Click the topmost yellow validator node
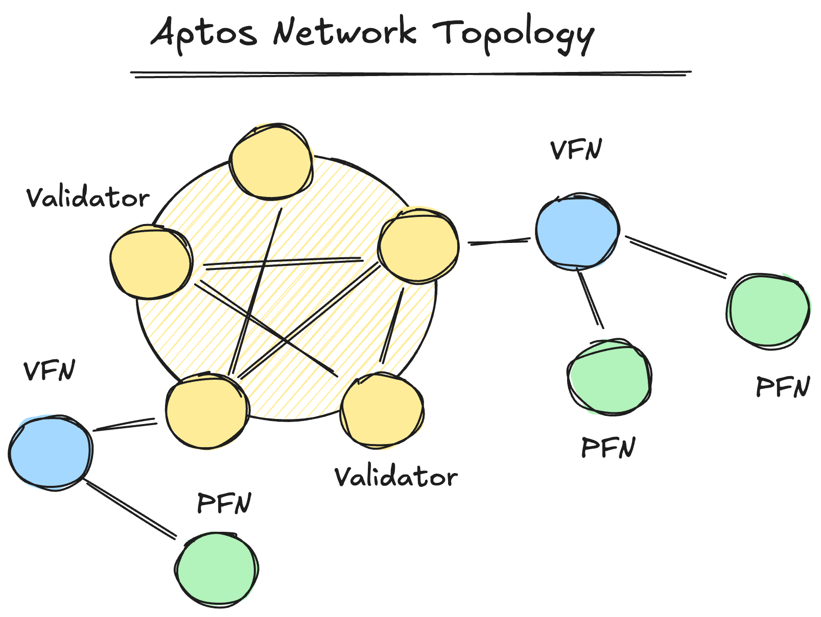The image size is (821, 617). [x=271, y=162]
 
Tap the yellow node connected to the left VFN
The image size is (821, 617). [x=207, y=411]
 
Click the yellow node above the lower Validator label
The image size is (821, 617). [x=382, y=410]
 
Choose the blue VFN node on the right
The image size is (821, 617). [x=577, y=231]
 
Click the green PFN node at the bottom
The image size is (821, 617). [x=217, y=569]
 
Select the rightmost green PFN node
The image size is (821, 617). [x=768, y=311]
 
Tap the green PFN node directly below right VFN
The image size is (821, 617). [x=609, y=378]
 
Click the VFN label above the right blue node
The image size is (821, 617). [x=576, y=150]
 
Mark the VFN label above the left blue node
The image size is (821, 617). [x=49, y=371]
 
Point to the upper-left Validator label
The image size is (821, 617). [x=87, y=198]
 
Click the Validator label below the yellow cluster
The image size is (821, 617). [x=395, y=477]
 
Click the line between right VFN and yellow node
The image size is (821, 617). [x=499, y=241]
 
